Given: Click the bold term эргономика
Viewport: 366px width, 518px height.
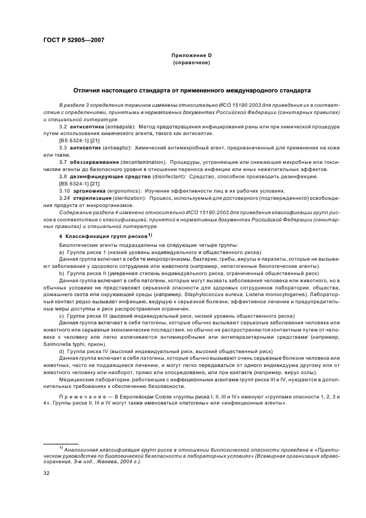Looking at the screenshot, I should [89, 190].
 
